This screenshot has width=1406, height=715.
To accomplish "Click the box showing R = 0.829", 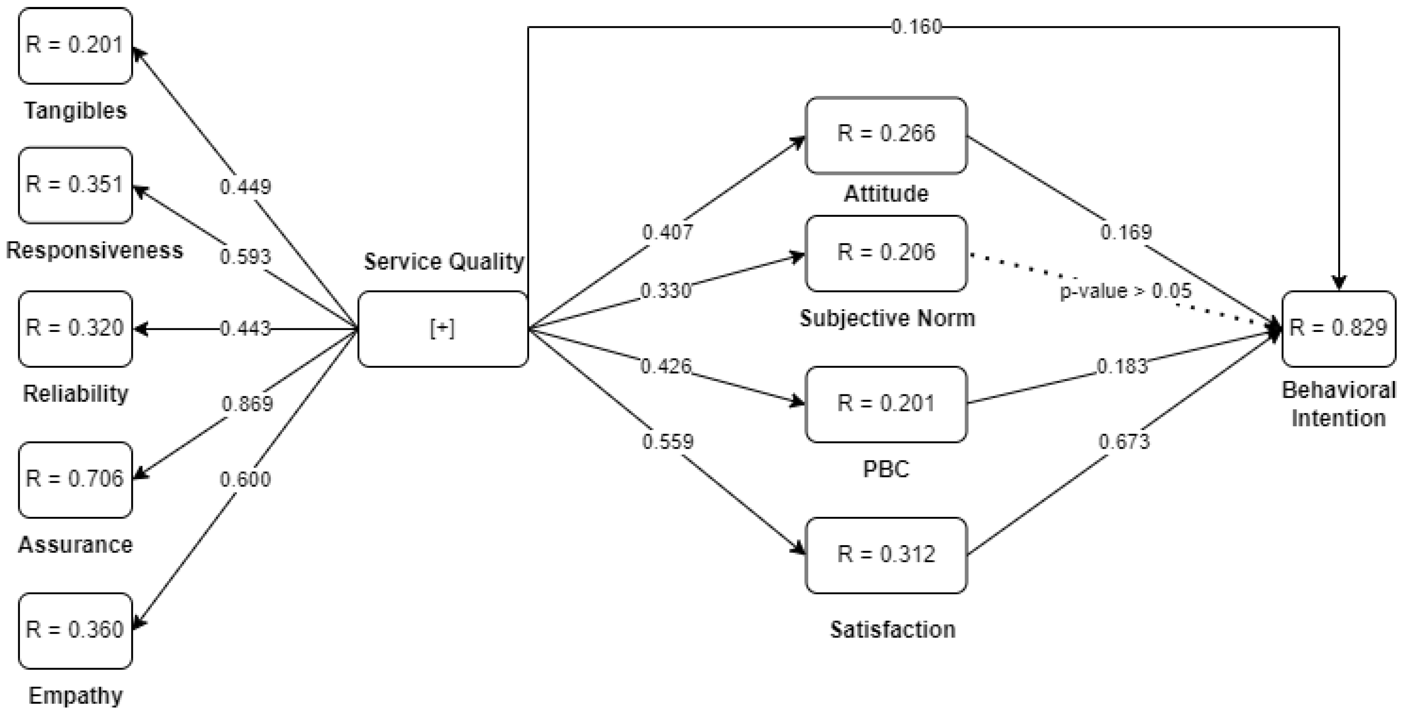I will tap(1338, 328).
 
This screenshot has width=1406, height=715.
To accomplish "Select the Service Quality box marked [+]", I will tap(443, 329).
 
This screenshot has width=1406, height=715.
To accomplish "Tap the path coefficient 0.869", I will tap(247, 404).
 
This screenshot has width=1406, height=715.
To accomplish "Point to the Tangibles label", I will tap(76, 111).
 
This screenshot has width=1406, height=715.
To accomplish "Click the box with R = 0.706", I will tap(76, 479).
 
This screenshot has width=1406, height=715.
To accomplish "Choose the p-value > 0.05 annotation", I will tap(1126, 291).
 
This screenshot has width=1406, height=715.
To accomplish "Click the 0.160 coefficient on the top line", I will tap(916, 27).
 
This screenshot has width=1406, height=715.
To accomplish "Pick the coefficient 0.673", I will tap(1124, 441).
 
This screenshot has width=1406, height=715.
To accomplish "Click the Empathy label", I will tap(76, 696).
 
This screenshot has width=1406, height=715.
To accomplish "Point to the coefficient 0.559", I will tap(668, 441).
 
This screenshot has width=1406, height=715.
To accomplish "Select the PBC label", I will tap(886, 469).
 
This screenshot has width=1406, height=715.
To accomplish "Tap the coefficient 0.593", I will tap(245, 256).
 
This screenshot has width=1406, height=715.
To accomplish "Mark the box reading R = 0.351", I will tap(76, 185).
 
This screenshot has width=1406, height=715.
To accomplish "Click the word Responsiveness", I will tap(94, 250).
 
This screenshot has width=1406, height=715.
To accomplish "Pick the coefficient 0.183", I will tap(1122, 366).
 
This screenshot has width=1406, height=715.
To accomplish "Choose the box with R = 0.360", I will tap(76, 630).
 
